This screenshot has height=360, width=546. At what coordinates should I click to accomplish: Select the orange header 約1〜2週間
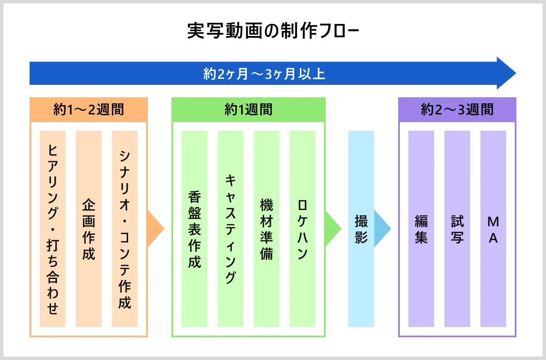click(89, 110)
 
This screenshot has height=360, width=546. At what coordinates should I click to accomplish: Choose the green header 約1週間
click(249, 110)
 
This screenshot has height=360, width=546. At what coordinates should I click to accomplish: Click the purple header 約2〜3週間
click(457, 110)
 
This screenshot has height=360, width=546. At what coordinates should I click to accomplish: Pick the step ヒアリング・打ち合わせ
click(53, 229)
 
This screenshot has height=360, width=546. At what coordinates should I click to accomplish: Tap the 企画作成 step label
click(89, 229)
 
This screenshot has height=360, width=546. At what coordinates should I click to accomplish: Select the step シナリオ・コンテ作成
click(125, 229)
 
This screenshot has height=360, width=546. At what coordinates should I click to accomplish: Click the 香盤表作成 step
click(195, 229)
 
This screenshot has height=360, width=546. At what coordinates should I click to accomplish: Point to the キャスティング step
click(231, 229)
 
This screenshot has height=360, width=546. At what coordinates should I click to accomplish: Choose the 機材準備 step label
click(267, 229)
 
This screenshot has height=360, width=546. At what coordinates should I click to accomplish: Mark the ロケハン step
click(303, 229)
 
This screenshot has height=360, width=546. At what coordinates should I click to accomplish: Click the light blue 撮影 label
click(361, 229)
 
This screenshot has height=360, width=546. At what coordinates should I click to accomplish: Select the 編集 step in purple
click(421, 229)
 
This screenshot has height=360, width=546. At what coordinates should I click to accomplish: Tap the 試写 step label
click(457, 229)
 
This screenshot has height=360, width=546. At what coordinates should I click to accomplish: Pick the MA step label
click(493, 229)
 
